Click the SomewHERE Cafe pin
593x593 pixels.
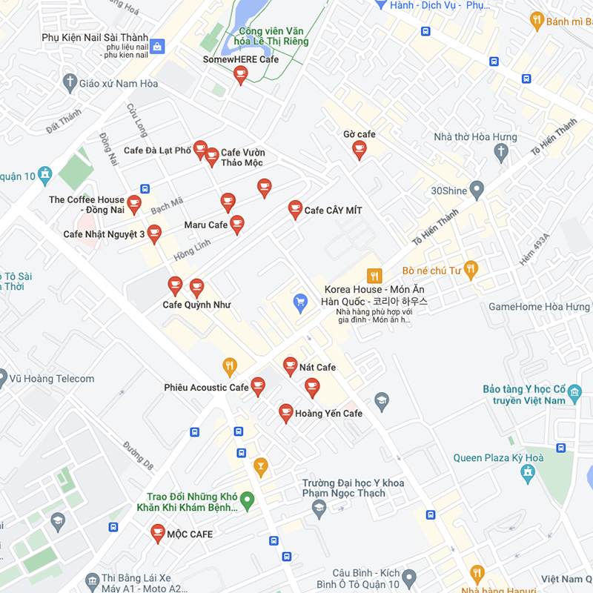tap(240, 74)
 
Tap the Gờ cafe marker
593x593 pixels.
tap(360, 150)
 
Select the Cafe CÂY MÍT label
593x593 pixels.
tap(334, 211)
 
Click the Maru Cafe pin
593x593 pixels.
tap(237, 224)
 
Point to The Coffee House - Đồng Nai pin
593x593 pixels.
tap(134, 204)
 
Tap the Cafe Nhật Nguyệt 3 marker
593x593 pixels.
tap(154, 233)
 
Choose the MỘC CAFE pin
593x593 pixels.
tap(158, 532)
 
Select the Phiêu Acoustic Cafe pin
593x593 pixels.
tap(258, 385)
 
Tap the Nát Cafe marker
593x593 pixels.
tap(291, 365)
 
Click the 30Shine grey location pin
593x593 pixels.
tap(477, 191)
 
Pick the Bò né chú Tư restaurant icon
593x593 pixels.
tap(470, 269)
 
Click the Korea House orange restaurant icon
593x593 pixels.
tap(374, 275)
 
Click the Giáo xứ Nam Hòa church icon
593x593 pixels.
tap(70, 82)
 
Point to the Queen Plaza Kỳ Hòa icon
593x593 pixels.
tap(528, 473)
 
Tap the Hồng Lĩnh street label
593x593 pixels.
tap(192, 248)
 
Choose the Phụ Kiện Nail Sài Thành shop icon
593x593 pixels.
tap(156, 46)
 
